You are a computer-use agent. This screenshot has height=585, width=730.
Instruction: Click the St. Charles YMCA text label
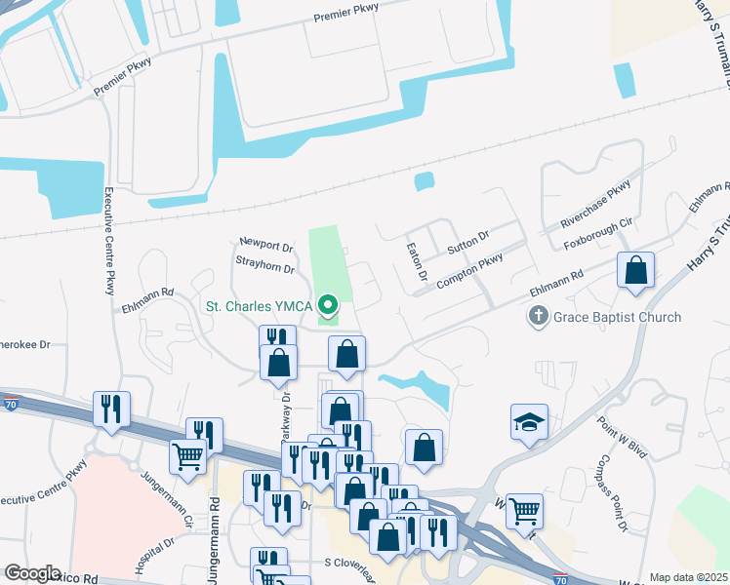[x=258, y=306]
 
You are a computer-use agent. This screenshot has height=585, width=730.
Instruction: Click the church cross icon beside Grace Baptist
[x=536, y=316]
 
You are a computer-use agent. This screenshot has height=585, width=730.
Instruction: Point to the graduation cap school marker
[x=528, y=422]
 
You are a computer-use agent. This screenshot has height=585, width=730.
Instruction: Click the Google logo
[x=32, y=572]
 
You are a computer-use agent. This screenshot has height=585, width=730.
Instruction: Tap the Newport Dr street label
[x=266, y=245]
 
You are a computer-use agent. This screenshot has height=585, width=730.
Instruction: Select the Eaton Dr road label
[x=417, y=262]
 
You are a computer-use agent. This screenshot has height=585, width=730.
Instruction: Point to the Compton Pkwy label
[x=470, y=265]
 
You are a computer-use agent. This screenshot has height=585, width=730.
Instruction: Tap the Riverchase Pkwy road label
[x=595, y=206]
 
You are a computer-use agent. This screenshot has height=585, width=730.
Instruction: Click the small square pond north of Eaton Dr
[x=424, y=181]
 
